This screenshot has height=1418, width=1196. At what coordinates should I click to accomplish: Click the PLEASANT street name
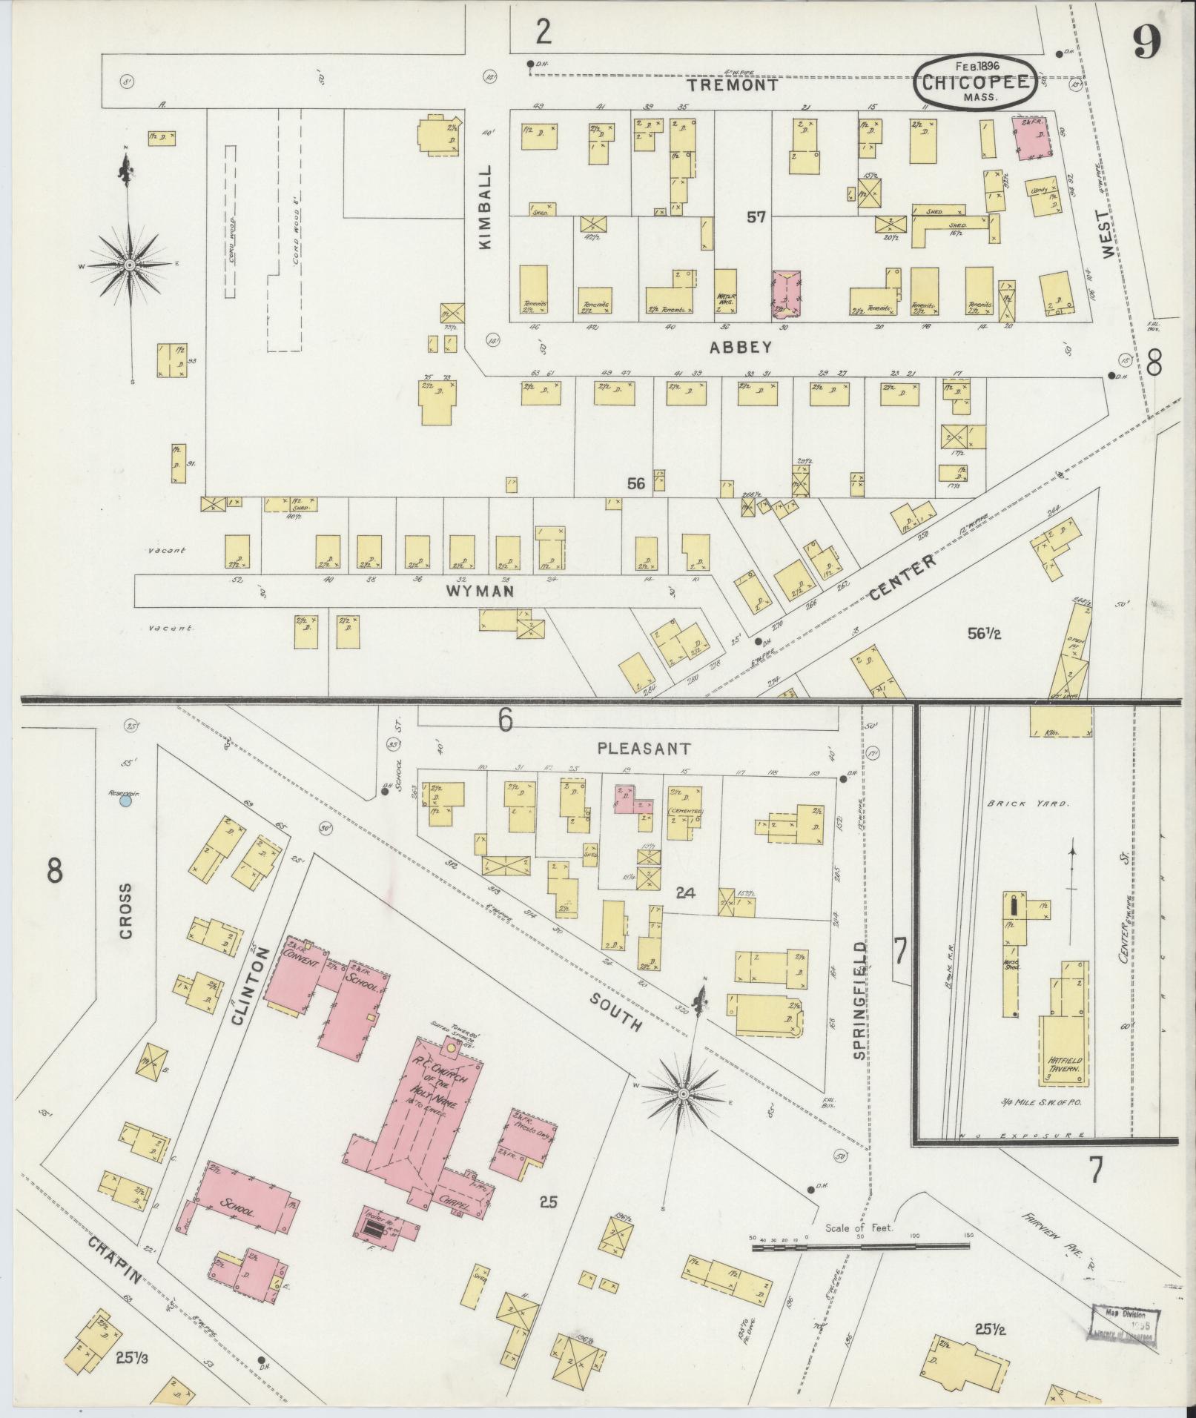pos(644,749)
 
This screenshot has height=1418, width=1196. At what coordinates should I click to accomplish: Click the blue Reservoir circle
pos(126,801)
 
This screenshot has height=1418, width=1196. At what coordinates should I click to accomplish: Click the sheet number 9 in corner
pos(1146,44)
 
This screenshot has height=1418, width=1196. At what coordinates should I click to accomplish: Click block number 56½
pos(985,633)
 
